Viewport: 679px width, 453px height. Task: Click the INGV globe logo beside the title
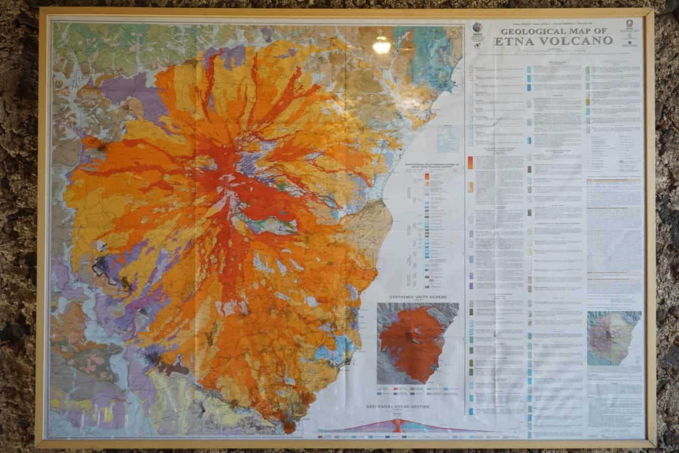pyautogui.click(x=476, y=29)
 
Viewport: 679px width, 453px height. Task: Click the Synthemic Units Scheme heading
pyautogui.click(x=417, y=297)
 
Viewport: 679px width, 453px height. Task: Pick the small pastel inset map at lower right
pyautogui.click(x=614, y=338)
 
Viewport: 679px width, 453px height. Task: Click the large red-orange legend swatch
pyautogui.click(x=470, y=162)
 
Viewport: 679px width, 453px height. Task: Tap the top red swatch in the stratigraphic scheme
pyautogui.click(x=427, y=177)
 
